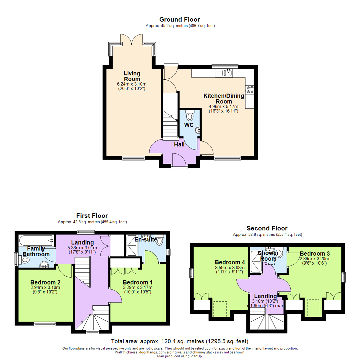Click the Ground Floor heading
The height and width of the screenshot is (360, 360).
click(179, 19)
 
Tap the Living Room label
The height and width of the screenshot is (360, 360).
click(132, 76)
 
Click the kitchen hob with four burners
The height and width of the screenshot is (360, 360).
click(250, 90)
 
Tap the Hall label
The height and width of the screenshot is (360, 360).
click(179, 144)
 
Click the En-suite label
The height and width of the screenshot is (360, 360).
click(145, 239)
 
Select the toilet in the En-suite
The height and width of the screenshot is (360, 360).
click(160, 240)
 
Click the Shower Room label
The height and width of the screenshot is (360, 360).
click(268, 256)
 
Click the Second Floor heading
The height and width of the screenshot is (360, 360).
click(267, 228)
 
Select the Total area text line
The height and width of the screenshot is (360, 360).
click(180, 341)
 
